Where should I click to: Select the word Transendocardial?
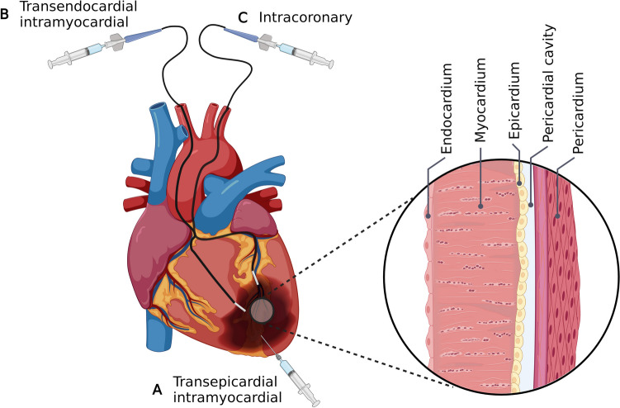click(x=68, y=7)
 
